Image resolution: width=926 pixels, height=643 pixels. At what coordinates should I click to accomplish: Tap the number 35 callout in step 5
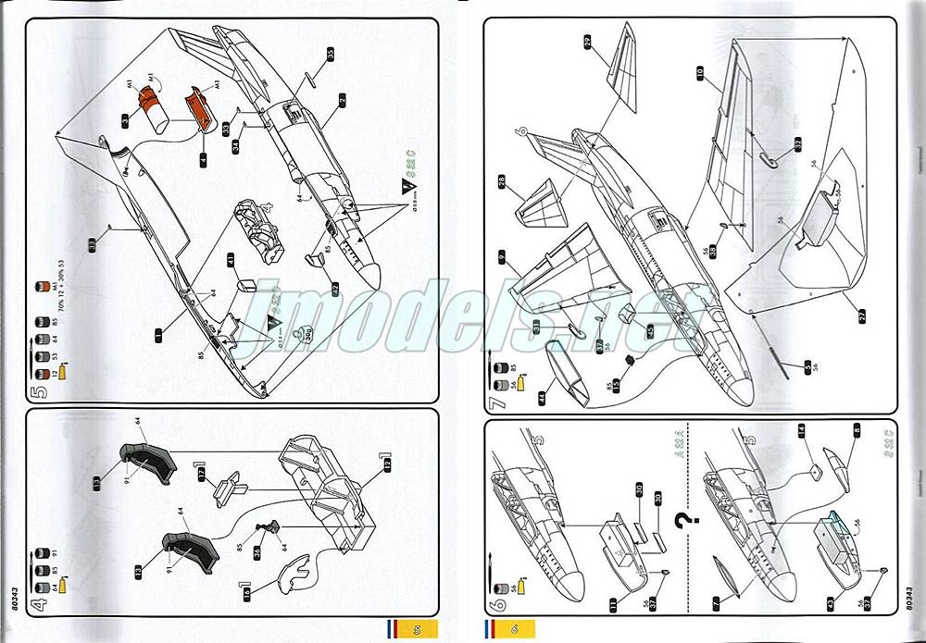tap(329, 53)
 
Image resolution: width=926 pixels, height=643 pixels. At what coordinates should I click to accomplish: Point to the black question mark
tap(684, 524)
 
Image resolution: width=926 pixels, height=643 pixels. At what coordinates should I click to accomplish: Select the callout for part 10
tap(700, 70)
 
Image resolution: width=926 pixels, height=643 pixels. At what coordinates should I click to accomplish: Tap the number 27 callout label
tap(862, 315)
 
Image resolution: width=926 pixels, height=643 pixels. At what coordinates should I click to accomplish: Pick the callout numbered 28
tap(502, 182)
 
